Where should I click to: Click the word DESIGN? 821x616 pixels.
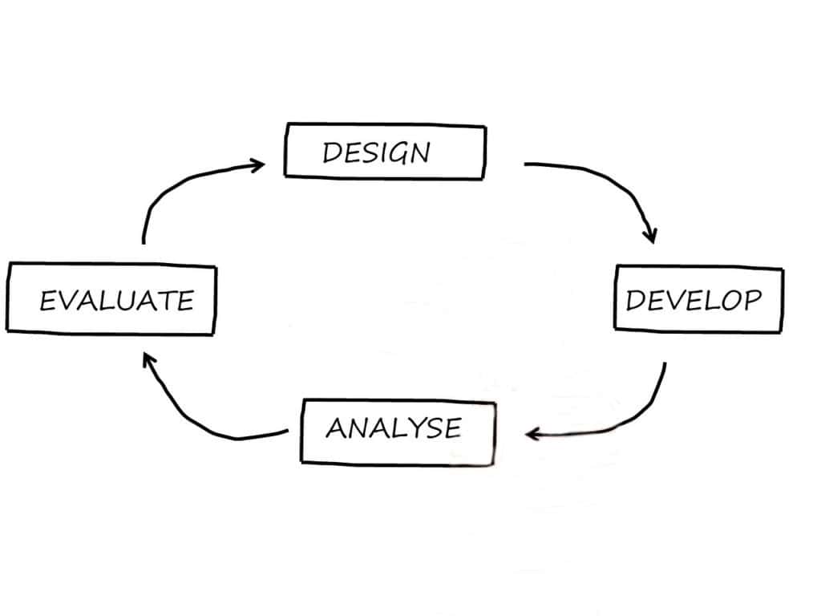point(376,152)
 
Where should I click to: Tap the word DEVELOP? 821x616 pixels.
point(693,300)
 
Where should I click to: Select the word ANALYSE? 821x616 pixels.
point(393,428)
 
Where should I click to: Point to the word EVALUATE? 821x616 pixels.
point(117,301)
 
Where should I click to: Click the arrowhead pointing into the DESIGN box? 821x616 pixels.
point(257,166)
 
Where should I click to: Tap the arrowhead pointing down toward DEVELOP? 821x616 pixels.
point(650,235)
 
